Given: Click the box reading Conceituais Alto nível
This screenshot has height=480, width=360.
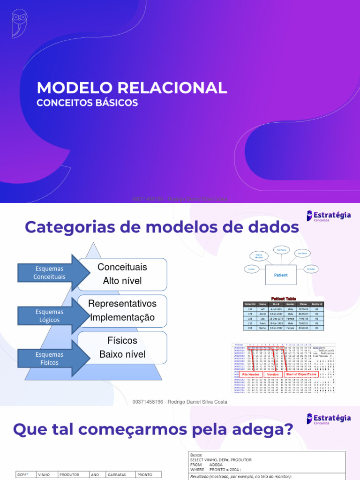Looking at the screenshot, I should click(x=122, y=274).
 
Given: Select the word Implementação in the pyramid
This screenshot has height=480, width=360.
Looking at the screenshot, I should click(x=122, y=317).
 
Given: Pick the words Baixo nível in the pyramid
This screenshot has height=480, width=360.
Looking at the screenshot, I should click(x=122, y=354).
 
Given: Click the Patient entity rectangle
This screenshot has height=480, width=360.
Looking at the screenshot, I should click(x=281, y=275).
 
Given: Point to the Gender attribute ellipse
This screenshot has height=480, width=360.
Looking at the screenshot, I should click(x=252, y=269).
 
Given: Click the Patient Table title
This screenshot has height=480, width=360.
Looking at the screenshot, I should click(x=283, y=298).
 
